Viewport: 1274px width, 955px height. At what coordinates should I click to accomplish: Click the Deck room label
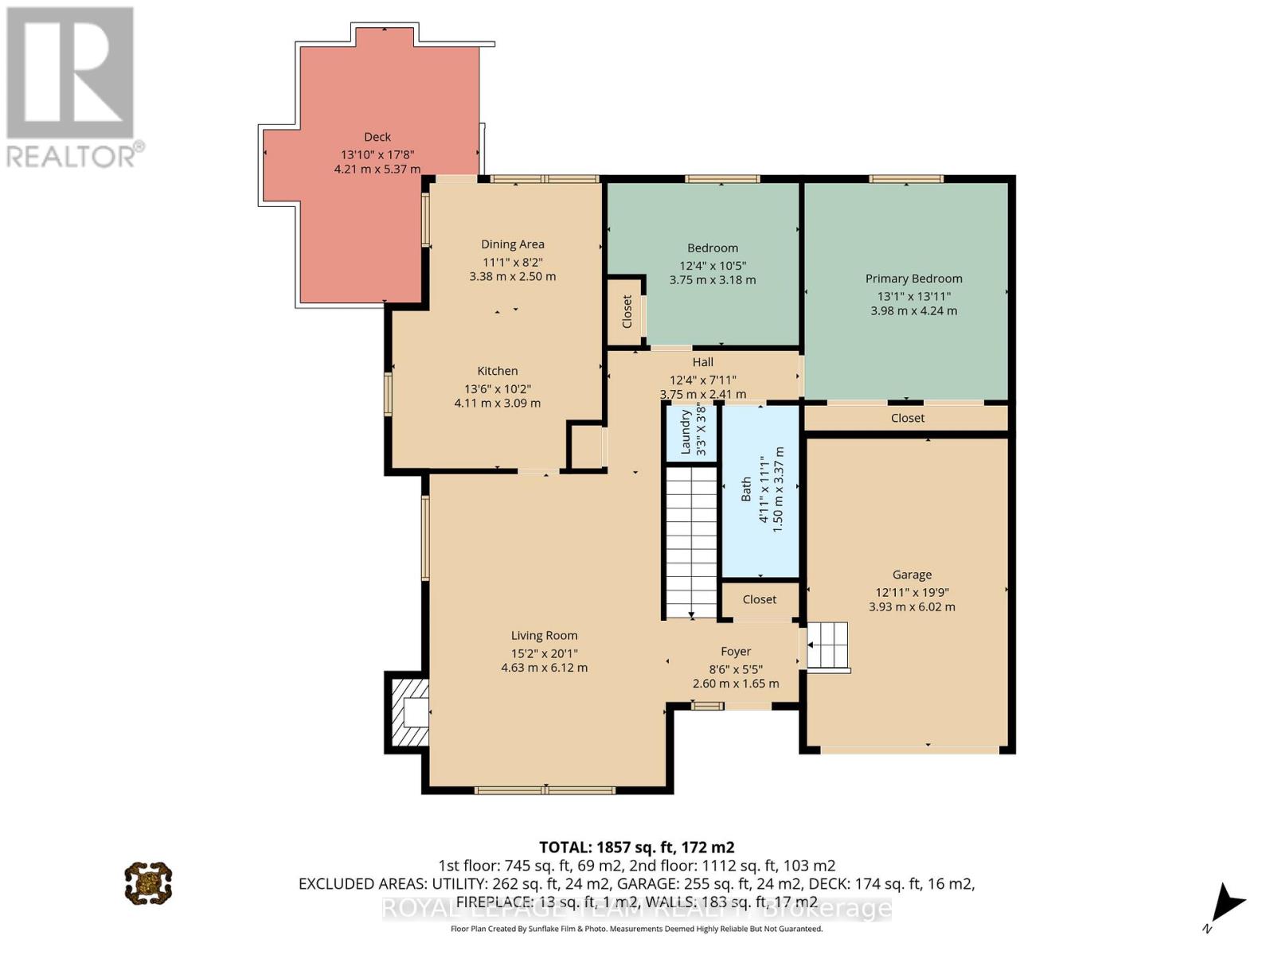(x=377, y=137)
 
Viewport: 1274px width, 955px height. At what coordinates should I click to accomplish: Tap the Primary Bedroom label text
(x=913, y=279)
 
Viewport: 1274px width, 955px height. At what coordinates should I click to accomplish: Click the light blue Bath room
(x=760, y=491)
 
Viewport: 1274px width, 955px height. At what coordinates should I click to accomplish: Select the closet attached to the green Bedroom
(x=626, y=311)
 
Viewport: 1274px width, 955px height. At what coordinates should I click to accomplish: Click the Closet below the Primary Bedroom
(x=907, y=418)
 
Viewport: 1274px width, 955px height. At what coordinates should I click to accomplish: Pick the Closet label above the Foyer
(x=759, y=599)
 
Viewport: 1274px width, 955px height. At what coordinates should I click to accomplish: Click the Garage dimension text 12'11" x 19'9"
(x=912, y=592)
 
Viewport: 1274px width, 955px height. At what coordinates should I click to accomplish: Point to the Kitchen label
(x=497, y=371)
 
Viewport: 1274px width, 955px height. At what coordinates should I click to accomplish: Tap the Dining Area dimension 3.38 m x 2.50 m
(x=512, y=277)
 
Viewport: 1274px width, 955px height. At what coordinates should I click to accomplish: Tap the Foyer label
(x=736, y=652)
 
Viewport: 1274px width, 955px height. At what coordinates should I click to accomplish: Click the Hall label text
(x=702, y=362)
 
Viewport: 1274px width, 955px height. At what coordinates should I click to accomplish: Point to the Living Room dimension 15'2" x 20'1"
(x=544, y=653)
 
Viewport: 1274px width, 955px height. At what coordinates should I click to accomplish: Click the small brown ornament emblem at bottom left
(x=148, y=882)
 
